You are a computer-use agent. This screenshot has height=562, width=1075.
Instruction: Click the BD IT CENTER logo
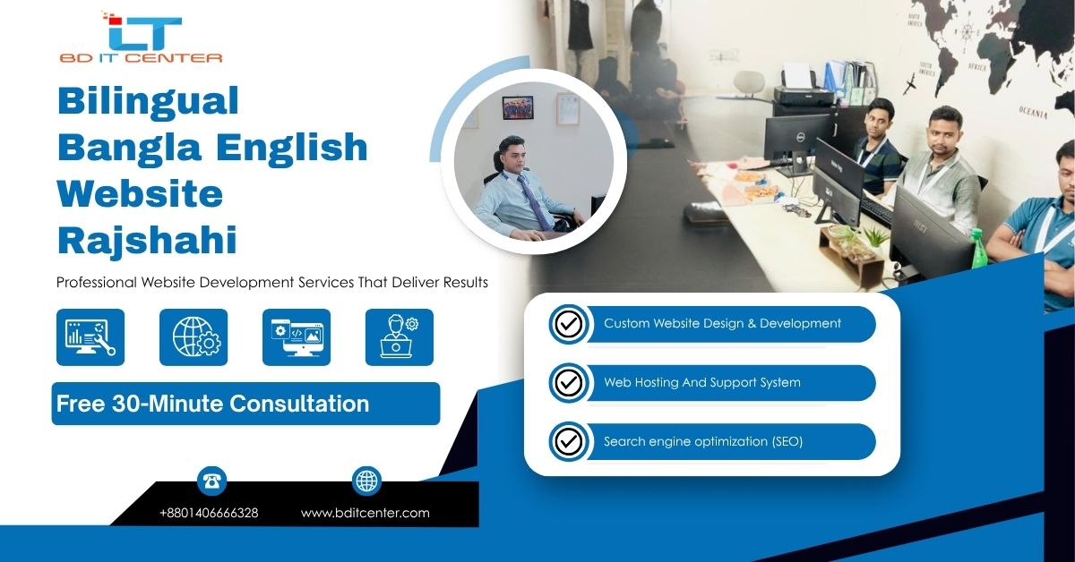coord(142,38)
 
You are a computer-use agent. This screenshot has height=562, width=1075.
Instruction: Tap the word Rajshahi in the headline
coord(147,240)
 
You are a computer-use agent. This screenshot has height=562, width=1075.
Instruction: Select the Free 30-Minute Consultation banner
coord(245,404)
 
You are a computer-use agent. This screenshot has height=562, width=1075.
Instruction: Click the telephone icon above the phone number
coord(211,481)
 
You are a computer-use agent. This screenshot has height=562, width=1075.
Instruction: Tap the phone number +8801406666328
coord(209,513)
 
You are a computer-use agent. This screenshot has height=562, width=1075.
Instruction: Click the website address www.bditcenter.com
coord(365,513)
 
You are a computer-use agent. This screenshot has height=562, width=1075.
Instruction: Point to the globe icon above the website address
coord(366,481)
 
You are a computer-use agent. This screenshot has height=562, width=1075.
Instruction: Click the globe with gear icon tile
coord(193,337)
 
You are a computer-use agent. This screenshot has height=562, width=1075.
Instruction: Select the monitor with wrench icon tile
coord(90,337)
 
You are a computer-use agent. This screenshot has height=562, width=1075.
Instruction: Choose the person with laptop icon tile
coord(400,337)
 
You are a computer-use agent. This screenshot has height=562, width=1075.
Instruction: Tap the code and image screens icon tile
coord(297,337)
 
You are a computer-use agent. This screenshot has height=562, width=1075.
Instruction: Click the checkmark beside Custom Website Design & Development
coord(569,324)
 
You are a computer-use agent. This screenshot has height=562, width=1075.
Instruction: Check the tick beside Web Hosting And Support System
coord(569,383)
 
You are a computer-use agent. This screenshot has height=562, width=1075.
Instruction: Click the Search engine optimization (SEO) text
coord(703,441)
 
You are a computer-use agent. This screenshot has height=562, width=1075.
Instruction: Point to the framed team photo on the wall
coord(518,108)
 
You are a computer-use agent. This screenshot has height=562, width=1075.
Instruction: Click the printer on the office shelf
coord(803,89)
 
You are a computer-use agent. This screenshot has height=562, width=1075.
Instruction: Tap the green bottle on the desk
coord(978,249)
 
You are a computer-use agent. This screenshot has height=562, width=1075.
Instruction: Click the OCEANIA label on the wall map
coord(1033,113)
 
